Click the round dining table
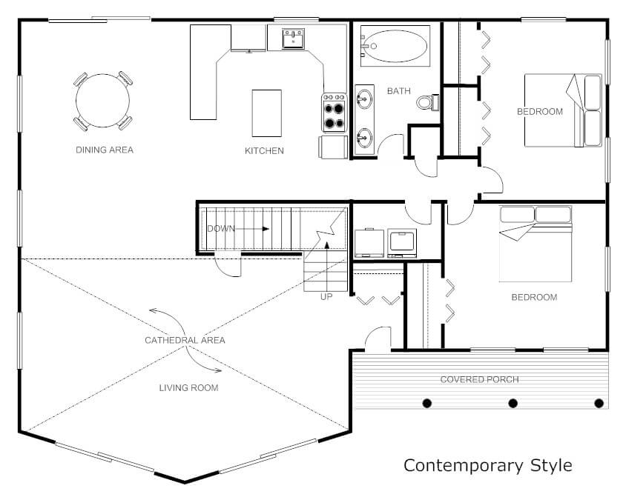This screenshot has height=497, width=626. [102, 101]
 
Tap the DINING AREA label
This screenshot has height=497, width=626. [105, 150]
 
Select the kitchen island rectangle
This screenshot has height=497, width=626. [267, 113]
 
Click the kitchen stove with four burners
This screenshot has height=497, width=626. [335, 113]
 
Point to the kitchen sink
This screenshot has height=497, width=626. [293, 39]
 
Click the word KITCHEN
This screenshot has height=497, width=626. [264, 150]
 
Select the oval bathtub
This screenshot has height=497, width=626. [395, 46]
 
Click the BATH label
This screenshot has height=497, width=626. [399, 91]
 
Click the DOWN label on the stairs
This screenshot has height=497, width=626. [221, 229]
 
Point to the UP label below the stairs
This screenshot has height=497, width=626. [326, 297]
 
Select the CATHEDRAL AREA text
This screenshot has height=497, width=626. [185, 341]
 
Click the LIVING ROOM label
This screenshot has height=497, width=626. [189, 388]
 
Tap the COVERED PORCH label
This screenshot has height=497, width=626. [479, 379]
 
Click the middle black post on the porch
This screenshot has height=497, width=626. [513, 404]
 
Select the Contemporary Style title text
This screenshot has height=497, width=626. [488, 465]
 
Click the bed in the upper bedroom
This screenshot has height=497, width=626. [563, 110]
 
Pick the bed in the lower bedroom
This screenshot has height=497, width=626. [536, 244]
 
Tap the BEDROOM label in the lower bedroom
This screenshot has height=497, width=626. [534, 297]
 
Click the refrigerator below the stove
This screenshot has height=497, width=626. [333, 147]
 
